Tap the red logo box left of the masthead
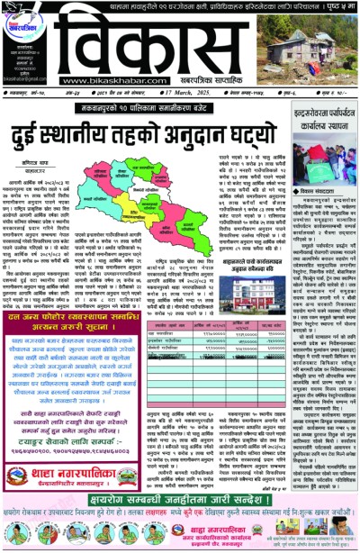[x=24, y=23]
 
